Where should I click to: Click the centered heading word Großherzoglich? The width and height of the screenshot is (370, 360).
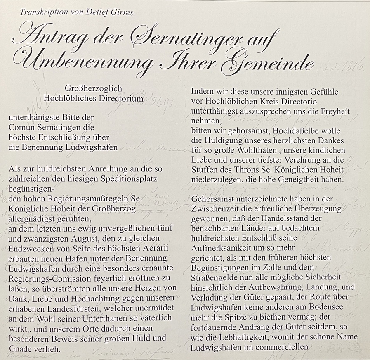pos(94,89)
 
